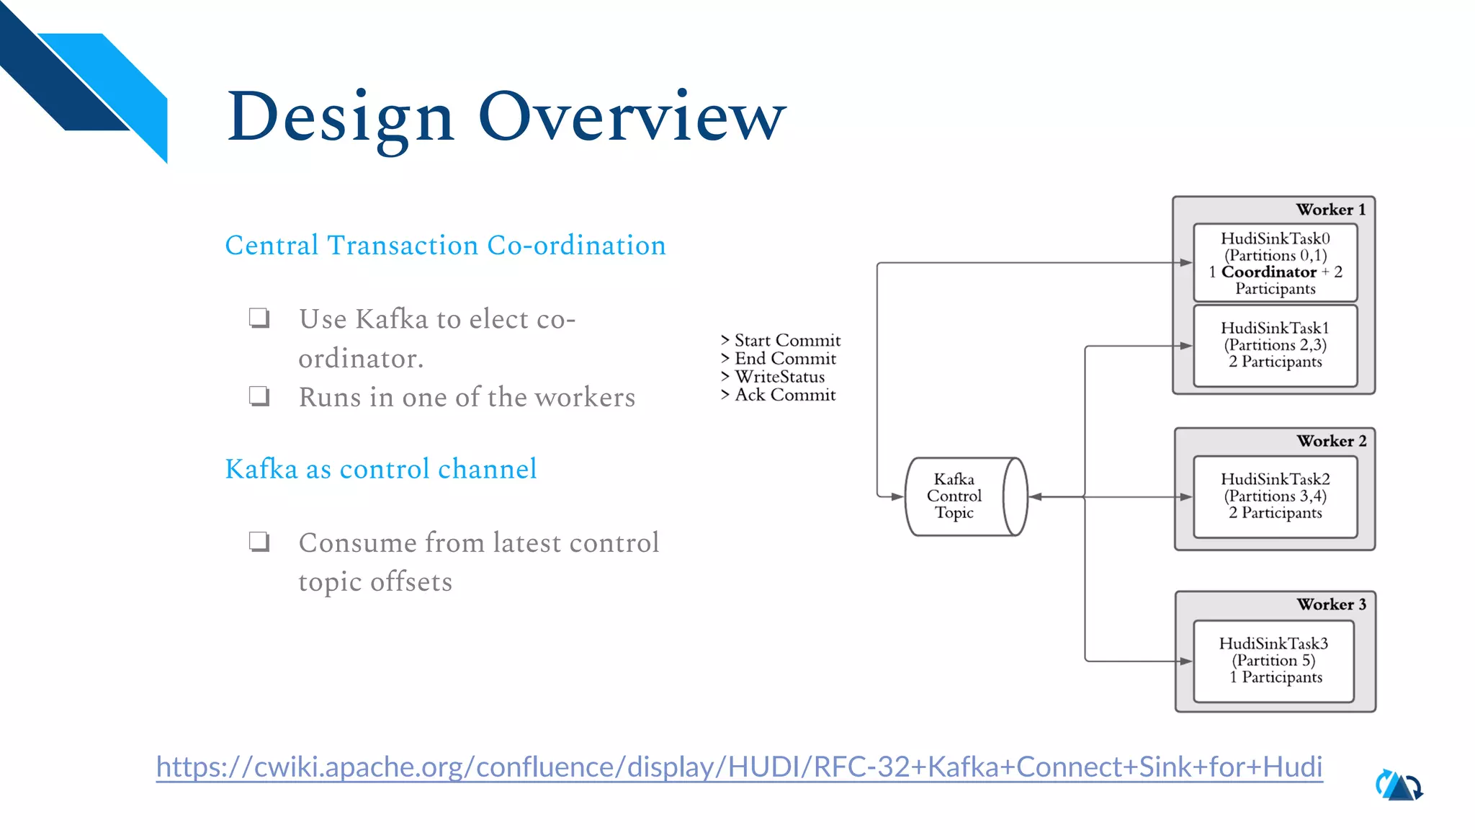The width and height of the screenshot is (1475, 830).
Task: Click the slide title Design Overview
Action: pos(506,117)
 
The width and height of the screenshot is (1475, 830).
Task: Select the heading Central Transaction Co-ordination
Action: pos(445,246)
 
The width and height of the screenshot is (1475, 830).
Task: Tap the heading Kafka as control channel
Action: pos(381,469)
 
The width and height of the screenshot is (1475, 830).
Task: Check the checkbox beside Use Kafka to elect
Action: pos(259,318)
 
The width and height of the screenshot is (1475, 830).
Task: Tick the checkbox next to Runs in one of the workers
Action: pos(259,396)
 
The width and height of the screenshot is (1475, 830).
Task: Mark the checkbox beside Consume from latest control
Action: pos(259,541)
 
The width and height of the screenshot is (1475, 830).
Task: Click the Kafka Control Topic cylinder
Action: pos(965,496)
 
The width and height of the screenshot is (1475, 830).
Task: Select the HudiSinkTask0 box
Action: pos(1275,263)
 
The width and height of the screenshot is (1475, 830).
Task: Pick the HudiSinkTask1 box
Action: pos(1275,345)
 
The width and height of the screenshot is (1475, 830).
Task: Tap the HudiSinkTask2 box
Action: pos(1275,496)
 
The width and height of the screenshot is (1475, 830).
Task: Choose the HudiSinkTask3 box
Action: pos(1273,661)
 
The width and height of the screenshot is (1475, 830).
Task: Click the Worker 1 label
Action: pos(1330,210)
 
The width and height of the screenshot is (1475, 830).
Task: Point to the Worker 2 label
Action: pos(1331,441)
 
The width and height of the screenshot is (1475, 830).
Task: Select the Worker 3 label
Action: pos(1331,604)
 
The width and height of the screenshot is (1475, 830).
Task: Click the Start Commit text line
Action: pos(781,340)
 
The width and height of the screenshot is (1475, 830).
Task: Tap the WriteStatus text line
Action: pos(774,377)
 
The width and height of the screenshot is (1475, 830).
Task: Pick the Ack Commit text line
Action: pos(779,395)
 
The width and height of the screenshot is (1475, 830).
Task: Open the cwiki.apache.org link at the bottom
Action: pos(739,767)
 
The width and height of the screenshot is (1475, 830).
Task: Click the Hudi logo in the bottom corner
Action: pos(1399,785)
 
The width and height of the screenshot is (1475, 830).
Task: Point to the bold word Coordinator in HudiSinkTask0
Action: pos(1268,272)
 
